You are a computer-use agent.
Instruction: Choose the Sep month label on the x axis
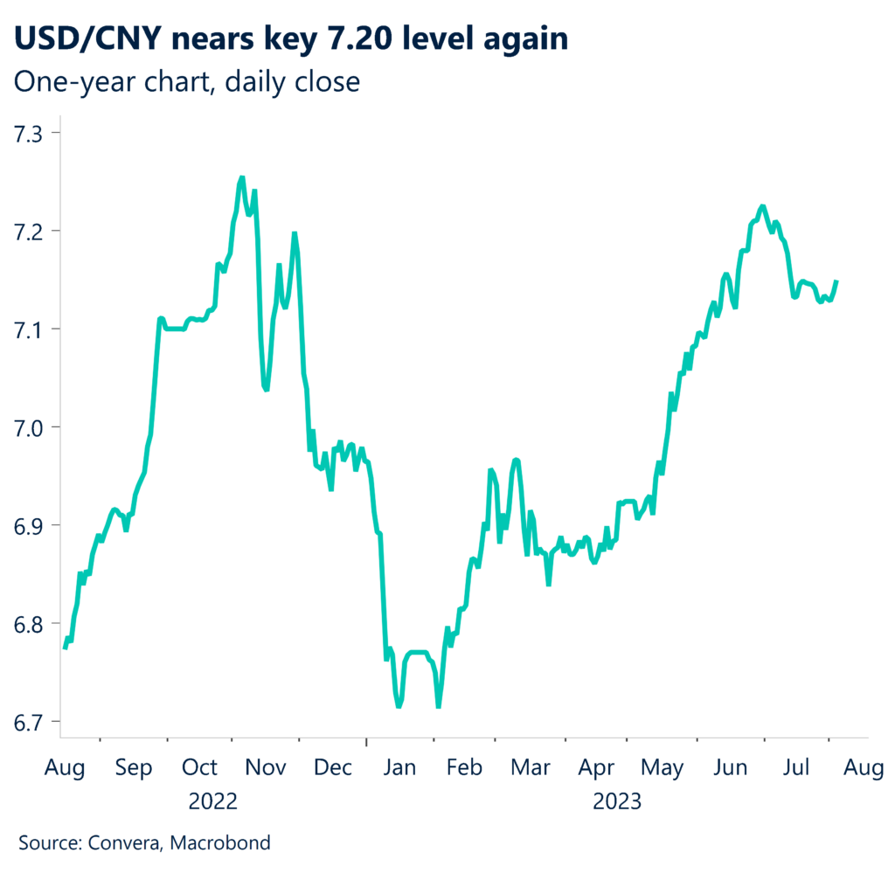coord(133,768)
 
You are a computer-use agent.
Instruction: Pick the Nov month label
coord(266,768)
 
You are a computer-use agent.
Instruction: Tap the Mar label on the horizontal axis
coord(530,768)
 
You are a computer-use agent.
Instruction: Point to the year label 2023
coord(618,801)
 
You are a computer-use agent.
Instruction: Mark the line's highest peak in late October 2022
coord(241,177)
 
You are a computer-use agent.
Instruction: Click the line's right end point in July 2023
coord(836,281)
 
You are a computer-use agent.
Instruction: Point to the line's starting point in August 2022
coord(65,648)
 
